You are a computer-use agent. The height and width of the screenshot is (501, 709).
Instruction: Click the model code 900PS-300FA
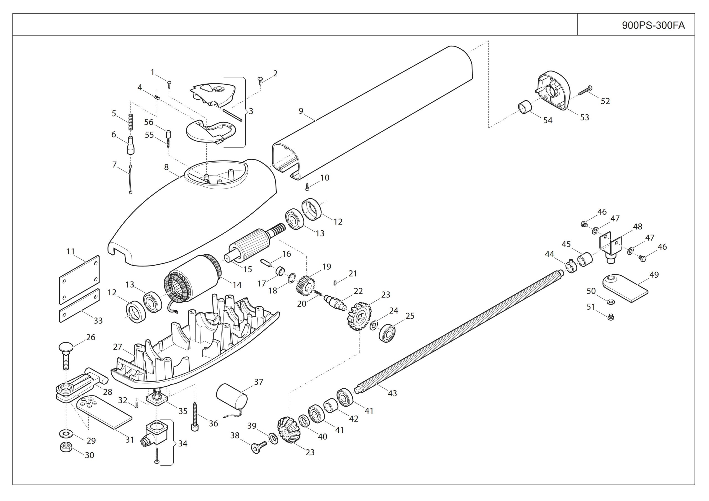pyautogui.click(x=653, y=25)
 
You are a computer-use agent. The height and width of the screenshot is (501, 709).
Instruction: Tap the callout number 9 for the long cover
pyautogui.click(x=301, y=111)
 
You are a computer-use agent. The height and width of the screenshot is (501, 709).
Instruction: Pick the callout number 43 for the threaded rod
pyautogui.click(x=392, y=393)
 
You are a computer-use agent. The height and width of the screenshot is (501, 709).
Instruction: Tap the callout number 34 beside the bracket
pyautogui.click(x=183, y=444)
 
